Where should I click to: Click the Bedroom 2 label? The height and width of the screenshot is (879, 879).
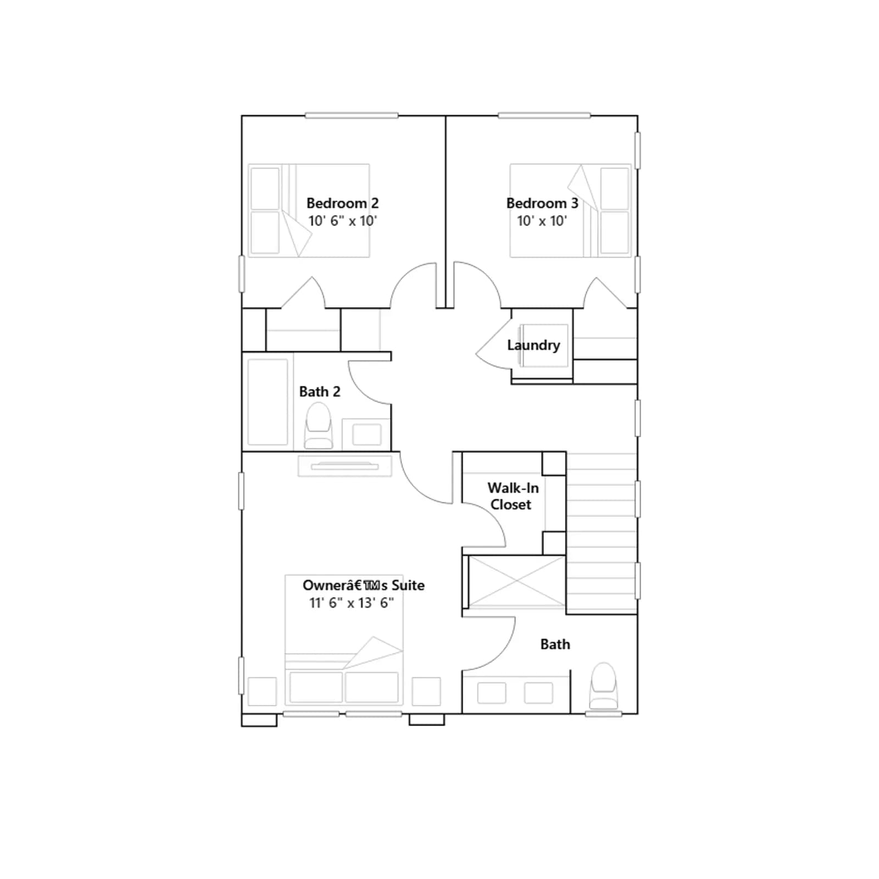coord(342,203)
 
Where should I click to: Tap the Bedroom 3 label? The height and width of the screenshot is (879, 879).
coord(542,203)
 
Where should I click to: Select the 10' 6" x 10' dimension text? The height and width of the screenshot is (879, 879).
coord(343,221)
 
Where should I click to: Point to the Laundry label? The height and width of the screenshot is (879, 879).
coord(533,345)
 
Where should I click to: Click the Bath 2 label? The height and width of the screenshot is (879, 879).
coord(320,392)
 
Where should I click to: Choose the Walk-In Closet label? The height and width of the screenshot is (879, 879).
coord(513,496)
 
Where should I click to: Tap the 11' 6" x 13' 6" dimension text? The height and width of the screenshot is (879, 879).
coord(352,603)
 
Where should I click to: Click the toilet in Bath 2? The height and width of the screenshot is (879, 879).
coord(319,426)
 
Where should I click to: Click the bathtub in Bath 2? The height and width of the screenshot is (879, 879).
coord(268,402)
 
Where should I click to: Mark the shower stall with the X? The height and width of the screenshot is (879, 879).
coord(516,582)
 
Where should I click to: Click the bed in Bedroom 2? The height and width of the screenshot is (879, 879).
coord(309,210)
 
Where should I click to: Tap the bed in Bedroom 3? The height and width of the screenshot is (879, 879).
coord(570,210)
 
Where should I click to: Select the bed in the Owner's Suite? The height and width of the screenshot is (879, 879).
coord(344,640)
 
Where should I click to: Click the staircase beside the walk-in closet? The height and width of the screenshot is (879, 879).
coord(602,533)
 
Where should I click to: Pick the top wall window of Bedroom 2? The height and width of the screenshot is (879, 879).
coord(352,115)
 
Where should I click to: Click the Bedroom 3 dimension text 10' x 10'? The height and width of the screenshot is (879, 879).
coord(542,221)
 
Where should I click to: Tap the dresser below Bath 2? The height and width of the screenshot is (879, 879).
coord(345,466)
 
